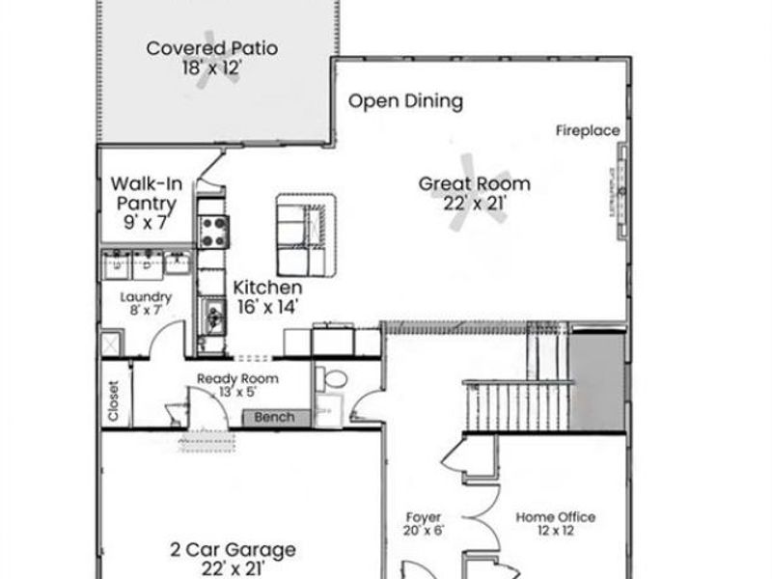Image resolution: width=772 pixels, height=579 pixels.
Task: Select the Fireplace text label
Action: point(587,131)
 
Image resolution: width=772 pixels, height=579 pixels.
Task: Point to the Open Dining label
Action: point(405,100)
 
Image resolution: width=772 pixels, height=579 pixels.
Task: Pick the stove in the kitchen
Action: point(213,229)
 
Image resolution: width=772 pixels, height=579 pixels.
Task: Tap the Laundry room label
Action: point(146,297)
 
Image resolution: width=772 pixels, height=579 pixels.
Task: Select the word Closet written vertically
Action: point(114,400)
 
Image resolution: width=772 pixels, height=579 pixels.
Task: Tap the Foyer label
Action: point(423,517)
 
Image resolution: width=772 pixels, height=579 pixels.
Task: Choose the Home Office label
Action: point(555,517)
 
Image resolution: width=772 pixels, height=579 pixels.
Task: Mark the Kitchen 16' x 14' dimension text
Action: point(267,307)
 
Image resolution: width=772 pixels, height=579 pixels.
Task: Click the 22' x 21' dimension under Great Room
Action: point(476,203)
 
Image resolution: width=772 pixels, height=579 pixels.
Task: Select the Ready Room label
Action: point(237,379)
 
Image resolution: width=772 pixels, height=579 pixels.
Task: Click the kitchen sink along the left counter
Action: point(212,314)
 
